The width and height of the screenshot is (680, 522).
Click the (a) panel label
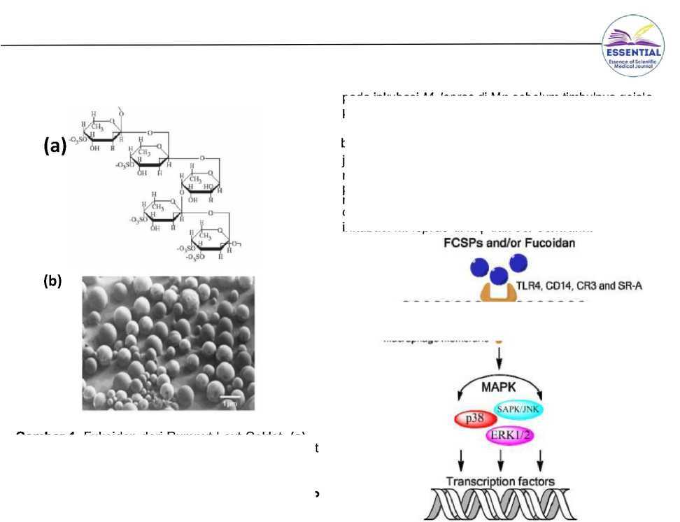(x=55, y=147)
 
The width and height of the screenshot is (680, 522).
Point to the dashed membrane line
(x=493, y=302)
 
